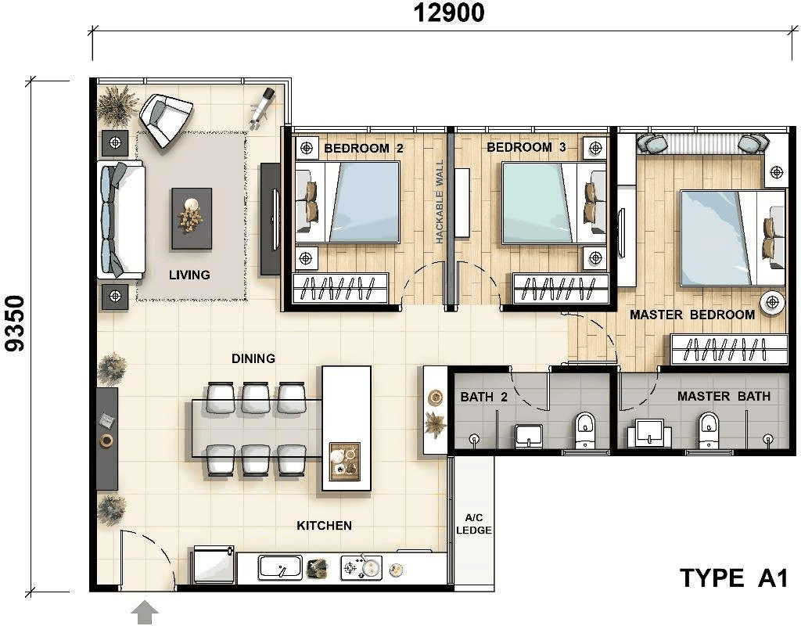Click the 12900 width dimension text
click(x=448, y=13)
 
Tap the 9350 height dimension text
click(x=15, y=323)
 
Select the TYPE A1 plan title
click(x=734, y=578)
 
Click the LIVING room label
click(x=189, y=275)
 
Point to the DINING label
click(x=253, y=358)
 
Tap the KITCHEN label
click(x=325, y=525)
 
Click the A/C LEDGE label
click(x=474, y=524)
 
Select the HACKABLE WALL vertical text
click(x=440, y=201)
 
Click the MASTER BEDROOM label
click(x=692, y=315)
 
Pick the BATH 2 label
click(x=483, y=397)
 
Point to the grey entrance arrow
click(x=145, y=612)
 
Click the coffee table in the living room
click(x=192, y=218)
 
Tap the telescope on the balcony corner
click(x=261, y=106)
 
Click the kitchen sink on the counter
click(x=279, y=567)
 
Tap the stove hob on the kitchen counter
click(x=361, y=568)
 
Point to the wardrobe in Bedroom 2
click(x=340, y=288)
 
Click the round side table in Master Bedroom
click(x=772, y=303)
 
